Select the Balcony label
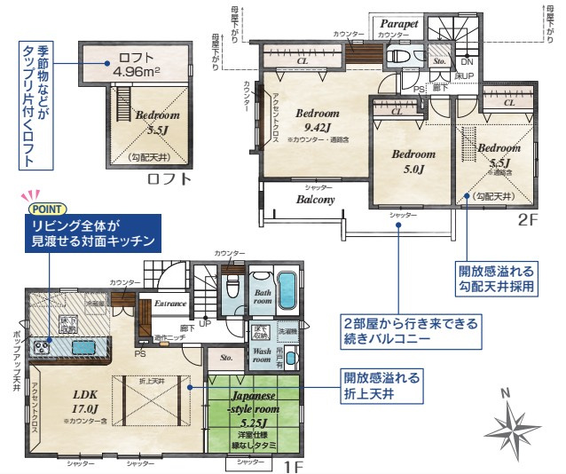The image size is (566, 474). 315,200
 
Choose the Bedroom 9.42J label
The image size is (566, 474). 318,121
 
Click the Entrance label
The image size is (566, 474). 170,304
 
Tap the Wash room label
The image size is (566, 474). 262,356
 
